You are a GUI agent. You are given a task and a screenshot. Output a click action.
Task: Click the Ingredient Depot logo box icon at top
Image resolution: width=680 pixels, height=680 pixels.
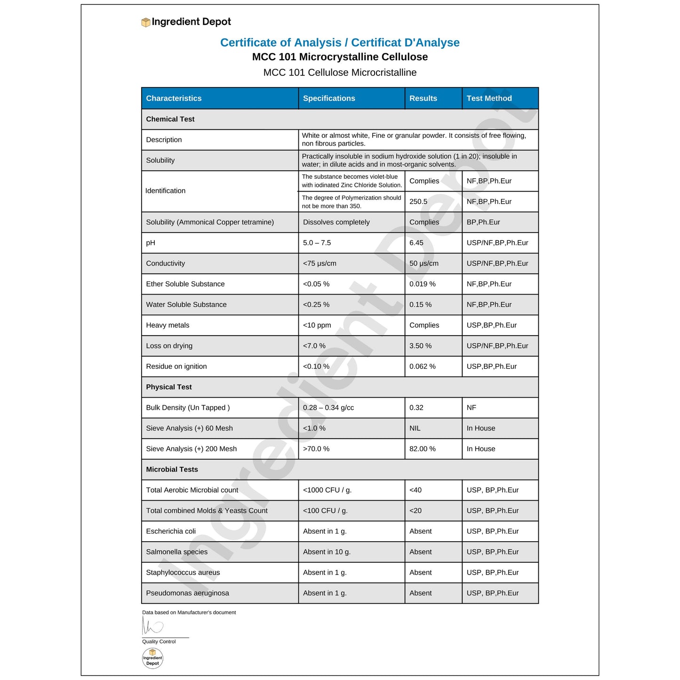(146, 22)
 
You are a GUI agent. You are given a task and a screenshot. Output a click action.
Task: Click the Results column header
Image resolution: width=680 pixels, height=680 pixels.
(423, 98)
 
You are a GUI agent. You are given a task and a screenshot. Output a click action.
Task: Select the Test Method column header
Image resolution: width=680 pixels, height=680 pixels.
(489, 98)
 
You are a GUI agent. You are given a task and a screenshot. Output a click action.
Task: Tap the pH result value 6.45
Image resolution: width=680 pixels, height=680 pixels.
(416, 243)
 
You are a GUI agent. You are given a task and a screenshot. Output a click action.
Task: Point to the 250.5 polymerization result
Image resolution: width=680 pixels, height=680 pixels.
(418, 201)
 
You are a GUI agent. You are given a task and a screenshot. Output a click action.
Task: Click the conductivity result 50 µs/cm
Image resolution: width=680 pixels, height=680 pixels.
(424, 264)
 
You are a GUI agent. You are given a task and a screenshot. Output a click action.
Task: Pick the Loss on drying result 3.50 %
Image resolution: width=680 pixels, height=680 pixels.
(420, 346)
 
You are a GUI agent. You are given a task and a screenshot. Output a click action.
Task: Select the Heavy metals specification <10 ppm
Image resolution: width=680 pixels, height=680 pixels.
(317, 325)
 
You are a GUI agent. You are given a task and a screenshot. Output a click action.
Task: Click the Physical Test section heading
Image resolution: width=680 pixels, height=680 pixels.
(169, 387)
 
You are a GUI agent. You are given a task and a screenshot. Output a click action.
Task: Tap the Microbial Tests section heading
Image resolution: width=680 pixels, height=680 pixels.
(172, 469)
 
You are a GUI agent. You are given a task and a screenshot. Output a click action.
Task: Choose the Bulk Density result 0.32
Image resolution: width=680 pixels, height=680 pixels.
(416, 408)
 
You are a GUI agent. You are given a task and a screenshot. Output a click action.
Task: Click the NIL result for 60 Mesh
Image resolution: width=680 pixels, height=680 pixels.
(415, 428)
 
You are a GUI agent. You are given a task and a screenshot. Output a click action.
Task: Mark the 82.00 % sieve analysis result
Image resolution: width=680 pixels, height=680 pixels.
(422, 449)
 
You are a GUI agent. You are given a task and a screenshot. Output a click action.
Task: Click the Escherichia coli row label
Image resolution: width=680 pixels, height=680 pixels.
(171, 531)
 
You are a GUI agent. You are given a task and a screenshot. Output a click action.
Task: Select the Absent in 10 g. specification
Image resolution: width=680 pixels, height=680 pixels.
(327, 552)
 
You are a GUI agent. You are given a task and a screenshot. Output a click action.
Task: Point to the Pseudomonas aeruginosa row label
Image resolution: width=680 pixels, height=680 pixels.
(187, 593)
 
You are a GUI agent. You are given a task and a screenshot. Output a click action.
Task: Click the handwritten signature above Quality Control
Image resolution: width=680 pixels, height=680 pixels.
(152, 626)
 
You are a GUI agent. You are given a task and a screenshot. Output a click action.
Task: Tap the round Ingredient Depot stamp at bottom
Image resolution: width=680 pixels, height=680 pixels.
(152, 658)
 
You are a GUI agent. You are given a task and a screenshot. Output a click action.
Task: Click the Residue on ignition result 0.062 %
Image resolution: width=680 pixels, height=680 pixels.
(422, 367)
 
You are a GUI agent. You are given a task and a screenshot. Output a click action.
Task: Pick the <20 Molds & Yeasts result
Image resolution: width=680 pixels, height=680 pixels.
(416, 511)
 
